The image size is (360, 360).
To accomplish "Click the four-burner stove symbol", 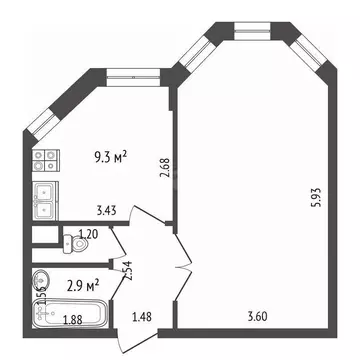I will tap(44, 160).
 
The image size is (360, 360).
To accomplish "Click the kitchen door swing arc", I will tap(148, 222).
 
